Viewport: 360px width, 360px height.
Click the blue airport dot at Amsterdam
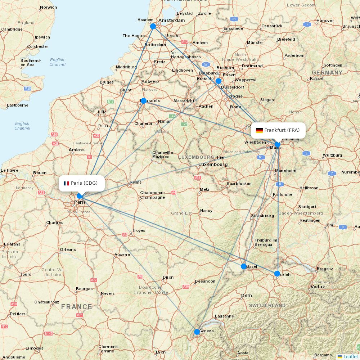pos(153,26)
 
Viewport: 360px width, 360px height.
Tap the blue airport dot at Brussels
pos(144,101)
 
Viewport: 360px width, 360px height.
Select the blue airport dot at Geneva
pos(197,332)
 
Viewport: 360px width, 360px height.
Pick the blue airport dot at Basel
pos(244,266)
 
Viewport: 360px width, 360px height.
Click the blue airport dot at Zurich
pos(277,274)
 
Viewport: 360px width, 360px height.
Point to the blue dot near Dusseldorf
pos(218,81)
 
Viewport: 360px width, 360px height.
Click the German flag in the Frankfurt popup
pos(259,130)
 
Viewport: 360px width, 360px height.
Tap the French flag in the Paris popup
pos(67,183)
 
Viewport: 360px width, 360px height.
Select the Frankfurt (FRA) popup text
pos(282,130)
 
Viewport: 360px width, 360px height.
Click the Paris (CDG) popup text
pos(84,183)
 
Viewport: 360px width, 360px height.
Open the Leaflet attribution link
pos(351,356)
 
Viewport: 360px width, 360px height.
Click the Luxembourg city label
pos(213,165)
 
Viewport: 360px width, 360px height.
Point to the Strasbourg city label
pos(262,216)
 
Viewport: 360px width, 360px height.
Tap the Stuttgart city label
pos(307,207)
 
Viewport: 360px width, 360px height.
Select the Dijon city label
pos(168,277)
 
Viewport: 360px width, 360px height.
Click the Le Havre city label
pos(10,170)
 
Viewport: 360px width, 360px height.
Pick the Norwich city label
pos(48,7)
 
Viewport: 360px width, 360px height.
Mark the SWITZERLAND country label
pos(267,306)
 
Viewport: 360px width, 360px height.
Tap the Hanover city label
pos(325,21)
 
